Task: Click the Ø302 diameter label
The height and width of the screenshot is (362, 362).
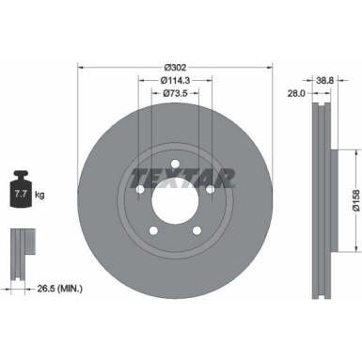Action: pyautogui.click(x=174, y=67)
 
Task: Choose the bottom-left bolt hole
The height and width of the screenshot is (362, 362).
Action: pyautogui.click(x=153, y=233)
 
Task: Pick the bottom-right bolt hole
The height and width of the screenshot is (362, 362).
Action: pyautogui.click(x=197, y=233)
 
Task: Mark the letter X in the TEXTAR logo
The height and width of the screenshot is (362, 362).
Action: pyautogui.click(x=166, y=176)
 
